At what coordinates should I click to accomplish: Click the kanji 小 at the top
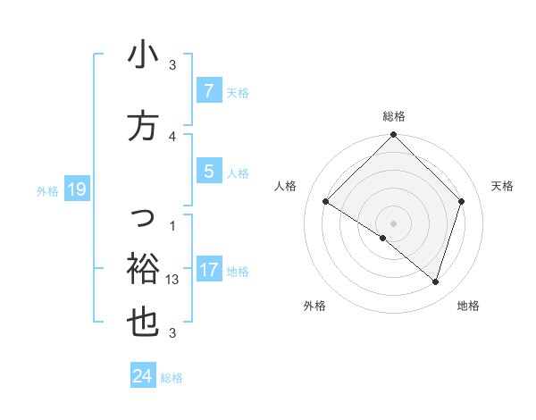tap(143, 55)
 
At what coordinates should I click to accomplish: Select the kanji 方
tap(143, 126)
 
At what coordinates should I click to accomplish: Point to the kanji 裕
tap(143, 267)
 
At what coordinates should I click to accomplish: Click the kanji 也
tap(143, 323)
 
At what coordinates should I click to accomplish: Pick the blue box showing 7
tap(208, 90)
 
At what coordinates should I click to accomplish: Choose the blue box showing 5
tap(208, 172)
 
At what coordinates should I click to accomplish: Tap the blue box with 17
tap(208, 270)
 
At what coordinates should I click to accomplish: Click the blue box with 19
tap(76, 189)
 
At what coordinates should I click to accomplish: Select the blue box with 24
tap(142, 376)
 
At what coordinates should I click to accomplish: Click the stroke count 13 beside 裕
tap(173, 279)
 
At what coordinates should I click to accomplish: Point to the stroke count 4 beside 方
tap(172, 136)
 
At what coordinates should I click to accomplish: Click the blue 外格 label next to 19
tap(47, 190)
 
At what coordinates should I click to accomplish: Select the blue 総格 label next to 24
tap(172, 378)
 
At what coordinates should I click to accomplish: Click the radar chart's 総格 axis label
tap(394, 116)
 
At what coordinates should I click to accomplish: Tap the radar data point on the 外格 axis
tap(383, 239)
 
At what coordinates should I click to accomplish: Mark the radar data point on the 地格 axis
tap(435, 281)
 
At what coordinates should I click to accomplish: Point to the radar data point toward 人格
tap(326, 202)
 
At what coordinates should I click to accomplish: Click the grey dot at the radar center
tap(394, 223)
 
